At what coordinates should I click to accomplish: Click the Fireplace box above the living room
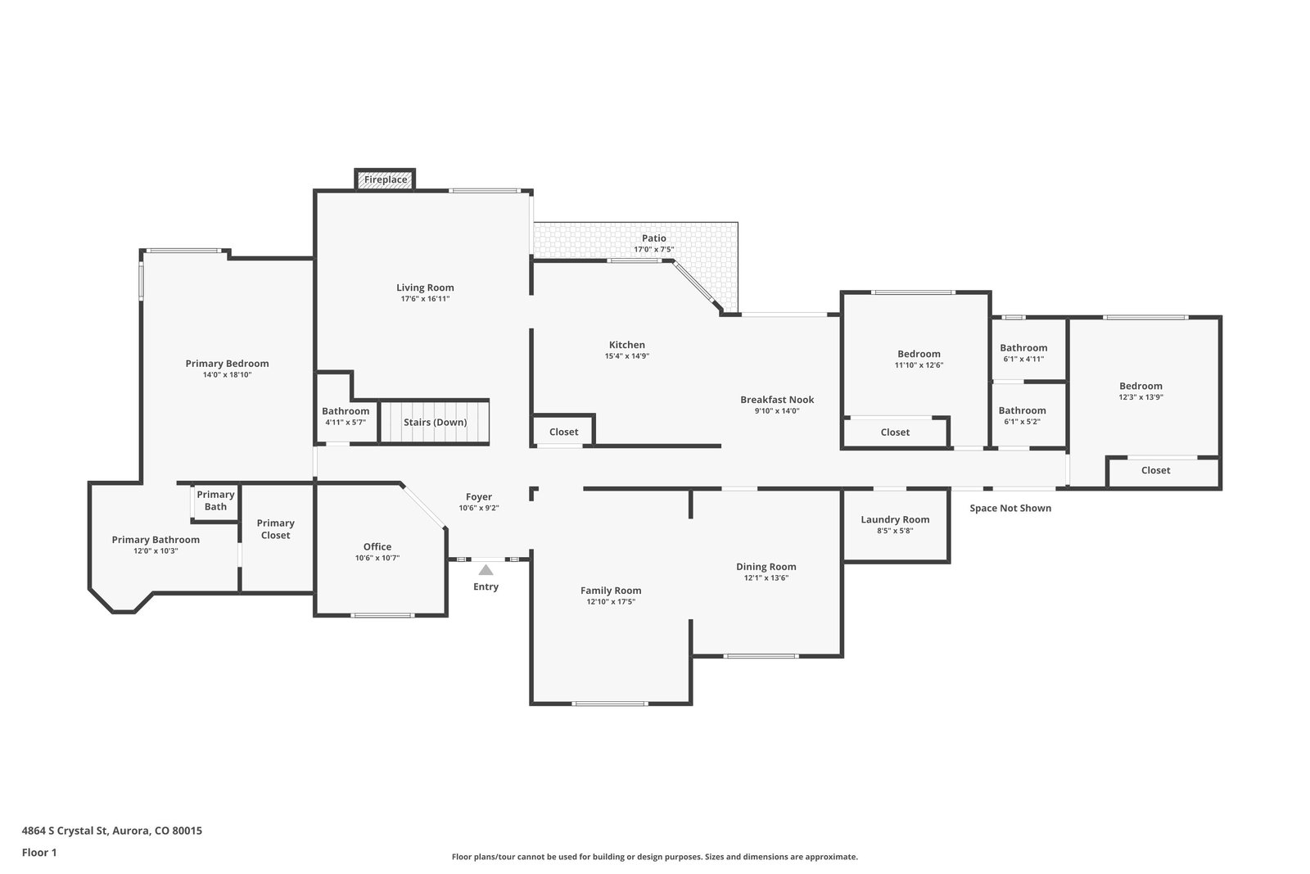[386, 179]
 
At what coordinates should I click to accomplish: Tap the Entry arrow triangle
[486, 570]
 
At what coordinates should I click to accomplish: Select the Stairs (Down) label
[435, 423]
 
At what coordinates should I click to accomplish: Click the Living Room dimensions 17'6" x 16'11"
[425, 299]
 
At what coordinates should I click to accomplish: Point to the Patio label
[654, 238]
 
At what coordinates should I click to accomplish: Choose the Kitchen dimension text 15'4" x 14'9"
[627, 356]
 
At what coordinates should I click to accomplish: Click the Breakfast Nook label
[777, 400]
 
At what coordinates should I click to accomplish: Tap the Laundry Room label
[895, 519]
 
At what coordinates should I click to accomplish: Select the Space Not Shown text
[1010, 509]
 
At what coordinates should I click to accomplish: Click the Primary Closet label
[275, 529]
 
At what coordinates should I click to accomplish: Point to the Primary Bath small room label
[216, 500]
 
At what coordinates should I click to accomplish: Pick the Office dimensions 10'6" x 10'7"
[377, 558]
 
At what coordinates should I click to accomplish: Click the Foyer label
[479, 497]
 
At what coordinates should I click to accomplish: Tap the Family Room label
[611, 591]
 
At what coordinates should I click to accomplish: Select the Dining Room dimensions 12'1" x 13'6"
[766, 578]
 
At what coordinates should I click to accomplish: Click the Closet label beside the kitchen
[564, 432]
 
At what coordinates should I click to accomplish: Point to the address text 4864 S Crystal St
[65, 831]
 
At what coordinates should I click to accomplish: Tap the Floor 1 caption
[39, 853]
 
